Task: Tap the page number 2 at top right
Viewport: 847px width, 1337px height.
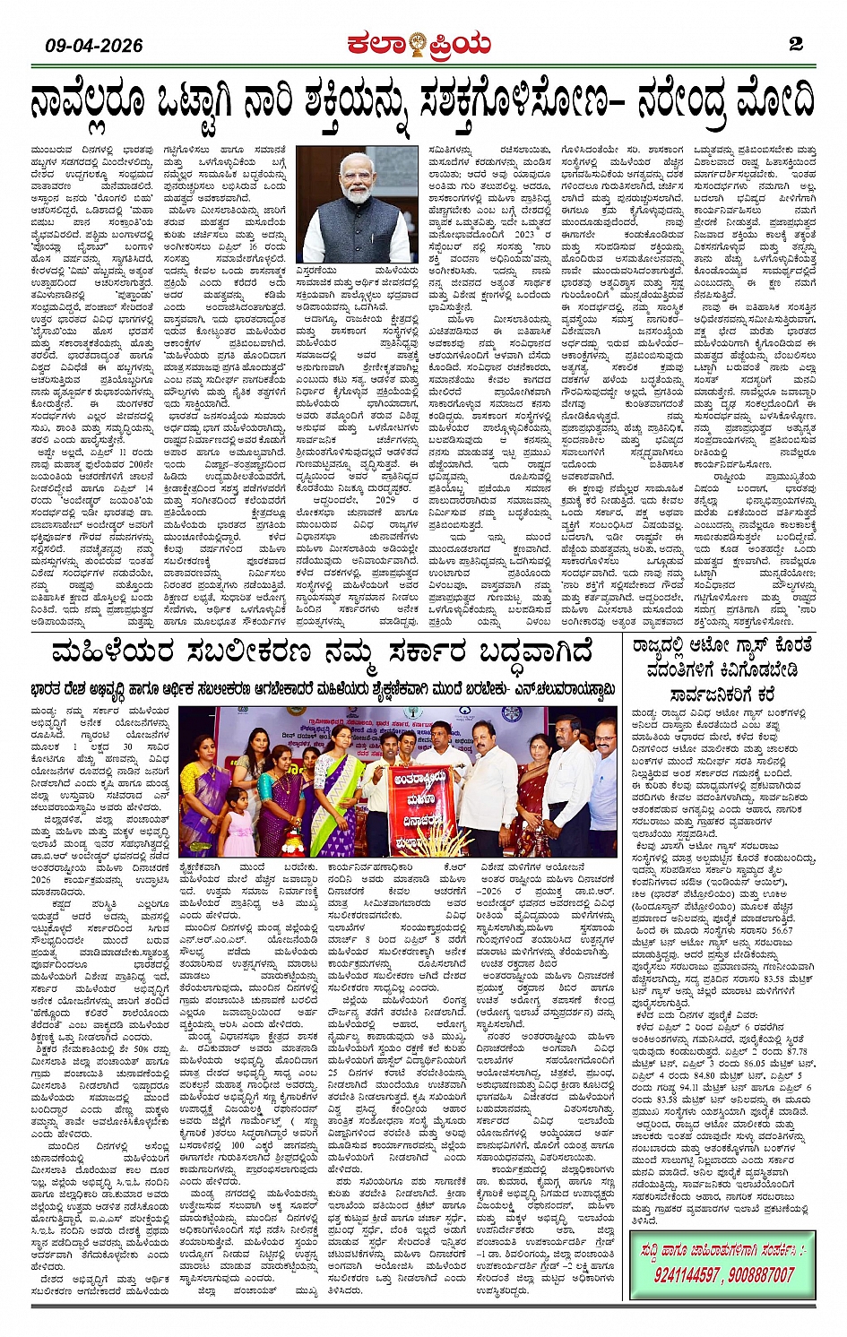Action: point(795,44)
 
